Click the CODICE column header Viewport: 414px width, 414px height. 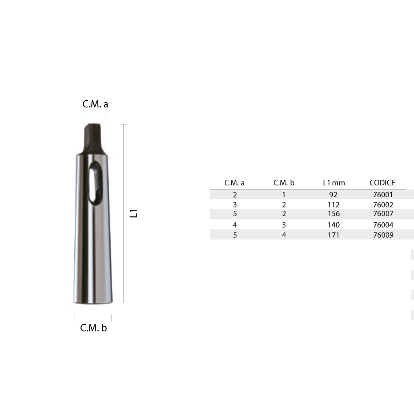pyautogui.click(x=382, y=183)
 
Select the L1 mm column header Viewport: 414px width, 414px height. pyautogui.click(x=334, y=183)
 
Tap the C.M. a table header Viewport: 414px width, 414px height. pyautogui.click(x=234, y=183)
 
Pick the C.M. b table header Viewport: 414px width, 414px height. pyautogui.click(x=284, y=183)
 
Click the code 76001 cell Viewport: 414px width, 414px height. pyautogui.click(x=383, y=194)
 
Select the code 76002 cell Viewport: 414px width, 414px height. pyautogui.click(x=383, y=205)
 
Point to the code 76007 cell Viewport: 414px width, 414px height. pyautogui.click(x=383, y=213)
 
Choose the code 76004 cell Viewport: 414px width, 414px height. pyautogui.click(x=383, y=225)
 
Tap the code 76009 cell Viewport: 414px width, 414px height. pyautogui.click(x=383, y=235)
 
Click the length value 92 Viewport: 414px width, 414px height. pyautogui.click(x=333, y=194)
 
